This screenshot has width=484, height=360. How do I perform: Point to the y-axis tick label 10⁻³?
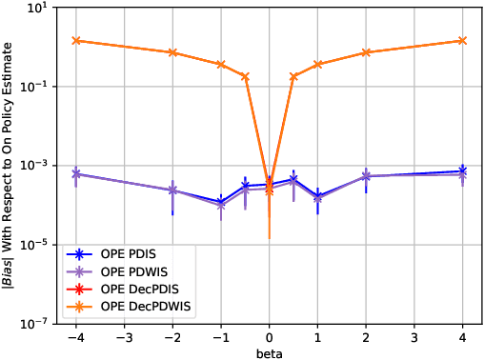pyautogui.click(x=38, y=166)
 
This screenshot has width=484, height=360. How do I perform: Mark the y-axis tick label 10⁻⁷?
pyautogui.click(x=38, y=324)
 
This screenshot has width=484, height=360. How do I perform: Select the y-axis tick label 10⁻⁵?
pyautogui.click(x=38, y=245)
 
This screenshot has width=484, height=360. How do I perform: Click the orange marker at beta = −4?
pyautogui.click(x=76, y=40)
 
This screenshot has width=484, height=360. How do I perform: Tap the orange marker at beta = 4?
pyautogui.click(x=463, y=40)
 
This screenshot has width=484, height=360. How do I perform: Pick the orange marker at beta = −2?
pyautogui.click(x=172, y=52)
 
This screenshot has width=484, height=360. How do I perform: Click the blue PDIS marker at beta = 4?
pyautogui.click(x=463, y=170)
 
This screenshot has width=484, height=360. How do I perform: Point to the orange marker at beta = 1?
pyautogui.click(x=318, y=64)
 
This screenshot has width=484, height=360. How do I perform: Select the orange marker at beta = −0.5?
pyautogui.click(x=245, y=76)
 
